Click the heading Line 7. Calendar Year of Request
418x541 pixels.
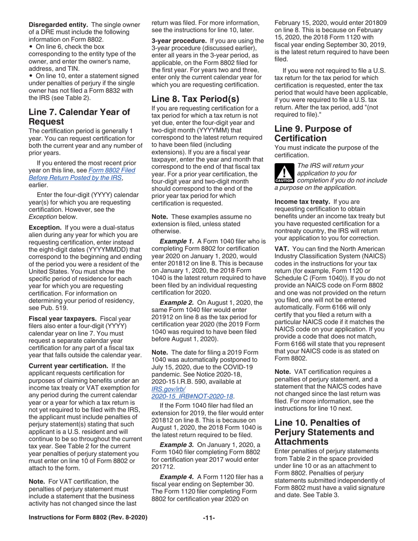(x=79, y=117)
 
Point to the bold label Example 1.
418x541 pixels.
(x=177, y=242)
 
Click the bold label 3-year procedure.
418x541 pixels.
(x=176, y=40)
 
